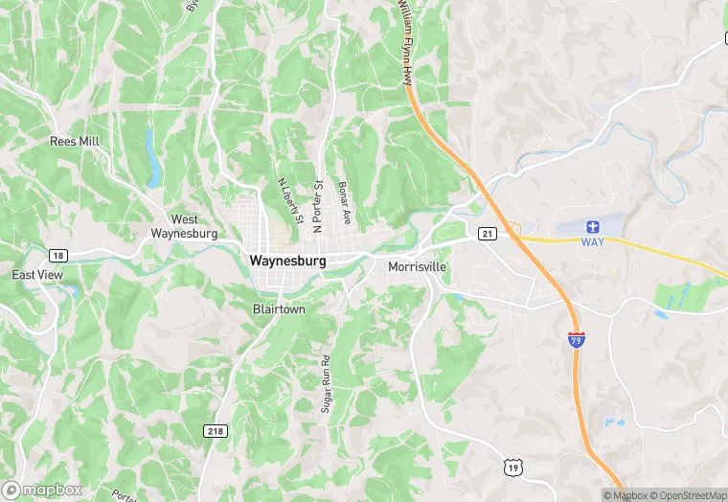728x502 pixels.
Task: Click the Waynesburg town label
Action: [287, 261]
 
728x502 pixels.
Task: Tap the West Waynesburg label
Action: [184, 226]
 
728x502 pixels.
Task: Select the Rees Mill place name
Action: [75, 141]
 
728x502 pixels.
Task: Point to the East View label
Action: [37, 275]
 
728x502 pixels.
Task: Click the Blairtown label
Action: [279, 309]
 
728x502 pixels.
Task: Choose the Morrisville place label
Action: [417, 267]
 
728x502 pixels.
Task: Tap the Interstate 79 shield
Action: [576, 340]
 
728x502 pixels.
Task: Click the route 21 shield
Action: [488, 234]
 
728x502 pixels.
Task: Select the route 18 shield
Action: [58, 255]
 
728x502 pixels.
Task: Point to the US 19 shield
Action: [512, 467]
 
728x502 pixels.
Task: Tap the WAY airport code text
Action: [593, 242]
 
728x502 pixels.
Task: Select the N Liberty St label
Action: [288, 203]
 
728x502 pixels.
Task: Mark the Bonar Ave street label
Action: [343, 202]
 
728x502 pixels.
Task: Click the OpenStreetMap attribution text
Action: [688, 495]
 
